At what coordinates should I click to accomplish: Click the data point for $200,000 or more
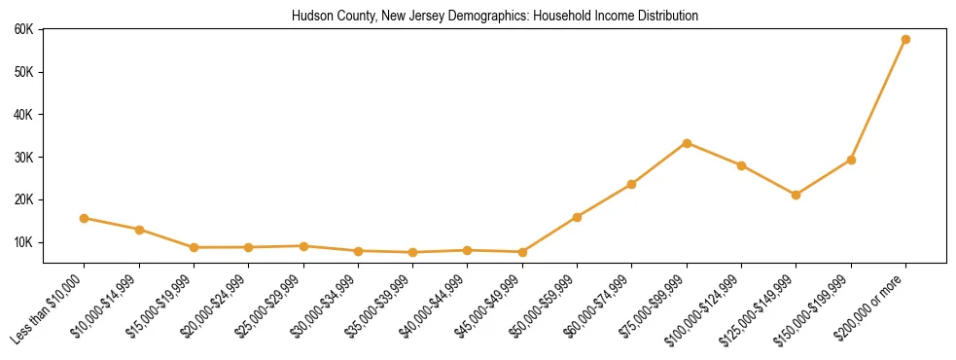pyautogui.click(x=905, y=39)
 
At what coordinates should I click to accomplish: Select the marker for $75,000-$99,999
pyautogui.click(x=687, y=143)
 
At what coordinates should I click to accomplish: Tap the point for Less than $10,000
pyautogui.click(x=85, y=218)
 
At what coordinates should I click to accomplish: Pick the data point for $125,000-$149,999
pyautogui.click(x=797, y=195)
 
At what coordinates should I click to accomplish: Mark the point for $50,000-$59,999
pyautogui.click(x=578, y=217)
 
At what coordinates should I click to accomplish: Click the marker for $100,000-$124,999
pyautogui.click(x=741, y=165)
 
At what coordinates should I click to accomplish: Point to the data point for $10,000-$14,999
pyautogui.click(x=139, y=230)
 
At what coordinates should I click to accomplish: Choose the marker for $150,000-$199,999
pyautogui.click(x=851, y=160)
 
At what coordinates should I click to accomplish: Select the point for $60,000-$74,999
pyautogui.click(x=632, y=184)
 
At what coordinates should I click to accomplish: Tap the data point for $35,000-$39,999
pyautogui.click(x=413, y=252)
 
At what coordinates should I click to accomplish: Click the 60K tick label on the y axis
pyautogui.click(x=24, y=29)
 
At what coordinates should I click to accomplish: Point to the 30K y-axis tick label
pyautogui.click(x=24, y=158)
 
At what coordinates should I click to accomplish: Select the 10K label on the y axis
pyautogui.click(x=24, y=242)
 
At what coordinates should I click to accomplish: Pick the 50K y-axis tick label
pyautogui.click(x=24, y=72)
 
